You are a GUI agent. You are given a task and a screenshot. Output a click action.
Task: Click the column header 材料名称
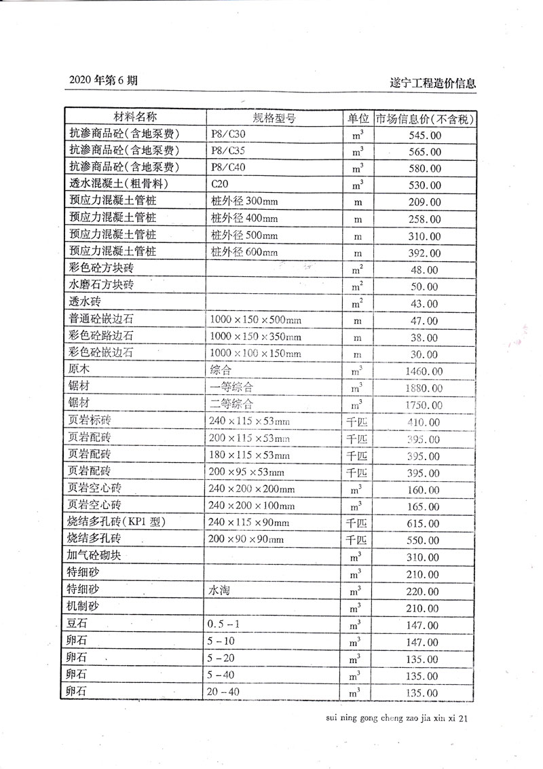134,117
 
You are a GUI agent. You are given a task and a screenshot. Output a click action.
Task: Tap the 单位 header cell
358,117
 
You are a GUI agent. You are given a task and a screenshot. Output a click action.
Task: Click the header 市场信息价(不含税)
424,117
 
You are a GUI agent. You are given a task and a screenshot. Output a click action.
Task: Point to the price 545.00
424,135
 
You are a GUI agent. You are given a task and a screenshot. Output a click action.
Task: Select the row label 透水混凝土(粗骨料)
119,184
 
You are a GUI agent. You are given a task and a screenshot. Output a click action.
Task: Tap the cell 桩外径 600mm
245,252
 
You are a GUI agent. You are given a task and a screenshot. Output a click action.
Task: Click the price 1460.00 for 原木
424,371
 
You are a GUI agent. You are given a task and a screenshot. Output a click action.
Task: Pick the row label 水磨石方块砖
101,285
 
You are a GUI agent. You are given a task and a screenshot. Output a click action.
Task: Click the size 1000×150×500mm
256,320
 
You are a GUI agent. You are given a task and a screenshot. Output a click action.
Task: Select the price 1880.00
424,388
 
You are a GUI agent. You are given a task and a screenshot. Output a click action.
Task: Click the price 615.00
424,523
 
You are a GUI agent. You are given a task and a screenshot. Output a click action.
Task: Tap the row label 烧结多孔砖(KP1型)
117,522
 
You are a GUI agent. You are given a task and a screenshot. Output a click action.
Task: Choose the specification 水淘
221,590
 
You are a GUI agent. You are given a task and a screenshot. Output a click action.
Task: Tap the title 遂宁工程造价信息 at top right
433,83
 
